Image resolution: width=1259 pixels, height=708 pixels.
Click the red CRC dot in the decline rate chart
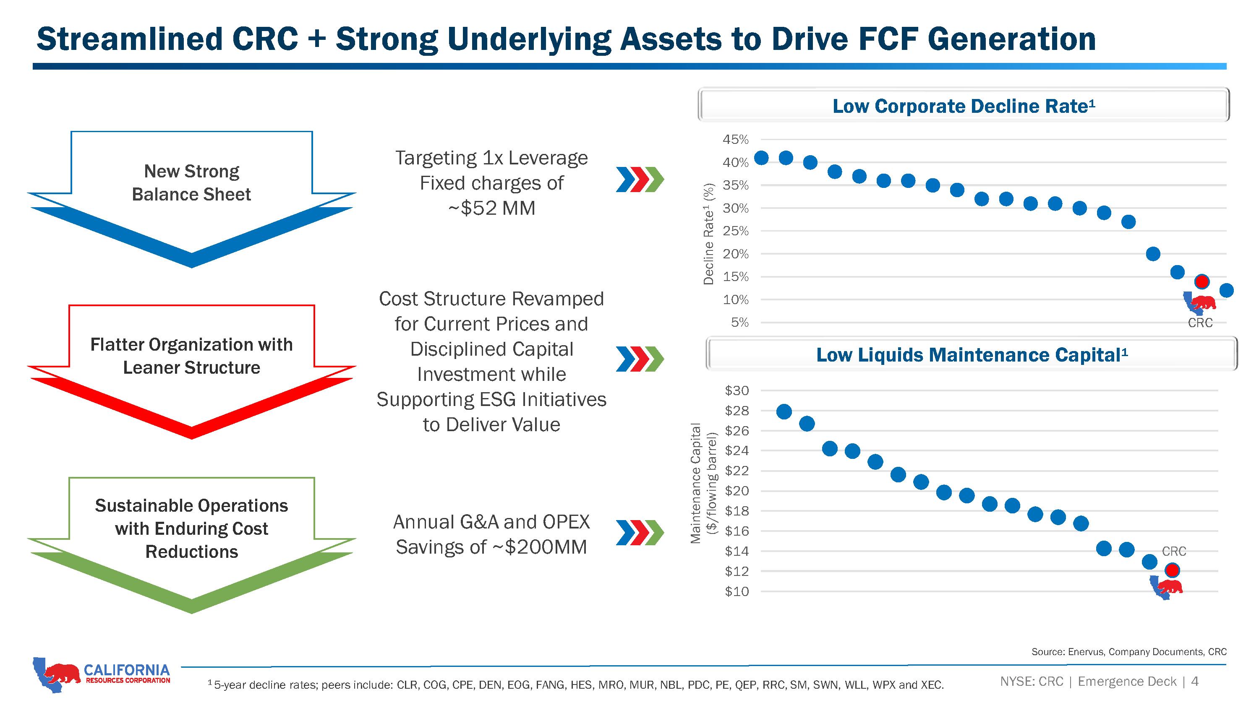[1202, 281]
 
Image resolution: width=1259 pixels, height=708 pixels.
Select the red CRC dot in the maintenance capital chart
[1172, 570]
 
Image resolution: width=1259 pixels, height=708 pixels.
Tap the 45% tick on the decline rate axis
[736, 140]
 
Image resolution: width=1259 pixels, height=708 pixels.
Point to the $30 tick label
[737, 390]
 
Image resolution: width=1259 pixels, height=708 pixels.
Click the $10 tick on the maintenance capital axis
[737, 591]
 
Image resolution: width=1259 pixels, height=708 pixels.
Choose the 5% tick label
[739, 323]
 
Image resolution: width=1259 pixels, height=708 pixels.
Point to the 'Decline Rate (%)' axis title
[708, 234]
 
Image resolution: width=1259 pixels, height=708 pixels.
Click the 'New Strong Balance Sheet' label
[192, 183]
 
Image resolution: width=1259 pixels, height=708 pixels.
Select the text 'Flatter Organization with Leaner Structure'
[192, 356]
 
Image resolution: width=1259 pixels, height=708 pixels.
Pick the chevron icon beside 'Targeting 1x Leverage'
[640, 180]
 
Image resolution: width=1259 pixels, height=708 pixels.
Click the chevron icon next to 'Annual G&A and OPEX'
[640, 533]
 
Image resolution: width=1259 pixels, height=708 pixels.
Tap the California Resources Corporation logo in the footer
[102, 675]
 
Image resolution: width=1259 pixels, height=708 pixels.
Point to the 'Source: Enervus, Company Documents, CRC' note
[1129, 652]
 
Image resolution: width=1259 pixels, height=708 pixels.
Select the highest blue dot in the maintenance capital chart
[784, 412]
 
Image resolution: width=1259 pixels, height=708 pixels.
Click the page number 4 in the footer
[1194, 681]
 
